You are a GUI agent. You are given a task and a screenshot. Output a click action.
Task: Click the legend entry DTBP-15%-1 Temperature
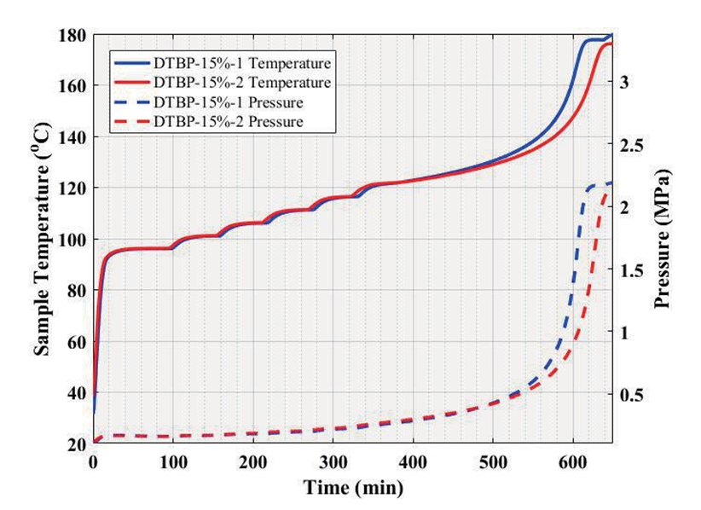(x=242, y=62)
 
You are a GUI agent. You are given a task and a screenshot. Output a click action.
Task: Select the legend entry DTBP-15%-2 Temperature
(x=242, y=82)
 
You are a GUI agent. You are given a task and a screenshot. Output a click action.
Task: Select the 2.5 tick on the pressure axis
(x=630, y=145)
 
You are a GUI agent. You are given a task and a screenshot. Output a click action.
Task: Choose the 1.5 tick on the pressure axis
(x=630, y=270)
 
